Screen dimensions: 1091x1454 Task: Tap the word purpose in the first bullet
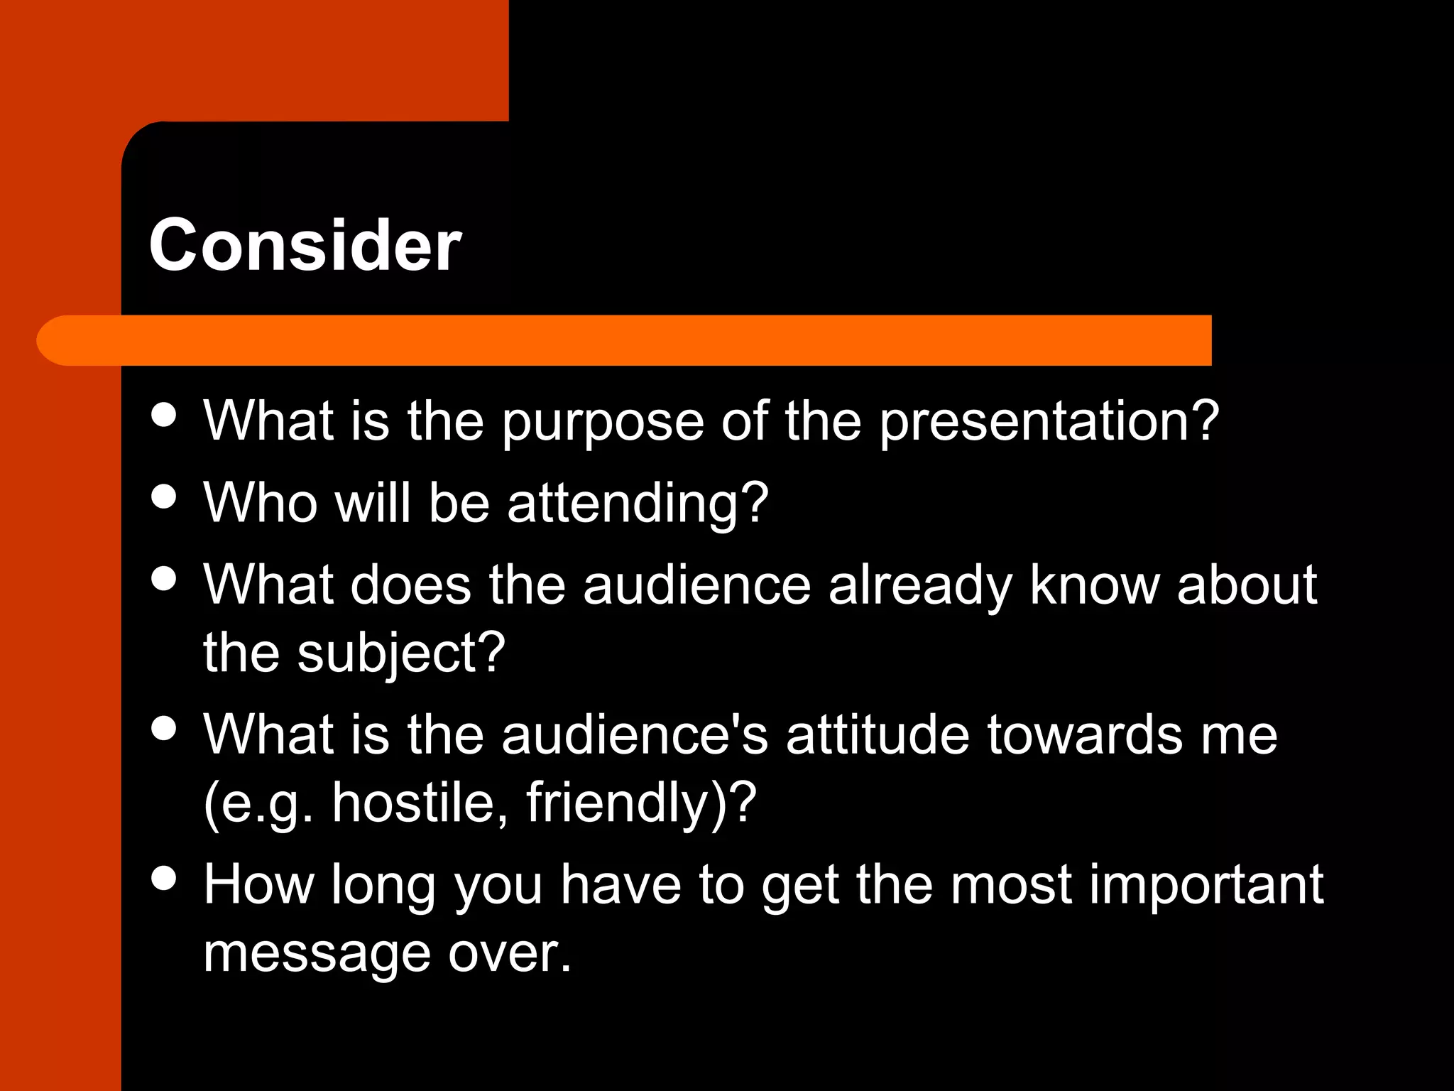coord(603,422)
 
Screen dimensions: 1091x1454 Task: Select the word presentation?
coord(1049,422)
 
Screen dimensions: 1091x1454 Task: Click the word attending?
coord(638,504)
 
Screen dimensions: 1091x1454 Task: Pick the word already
coord(921,587)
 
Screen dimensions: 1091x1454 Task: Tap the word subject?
coord(401,654)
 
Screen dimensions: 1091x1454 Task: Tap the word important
coord(1206,886)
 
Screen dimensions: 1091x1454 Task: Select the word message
coord(317,955)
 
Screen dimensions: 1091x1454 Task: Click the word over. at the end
coord(510,953)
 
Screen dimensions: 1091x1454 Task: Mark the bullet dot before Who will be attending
coord(164,496)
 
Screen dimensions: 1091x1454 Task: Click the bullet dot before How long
coord(164,879)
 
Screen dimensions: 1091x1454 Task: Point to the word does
coord(410,585)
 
